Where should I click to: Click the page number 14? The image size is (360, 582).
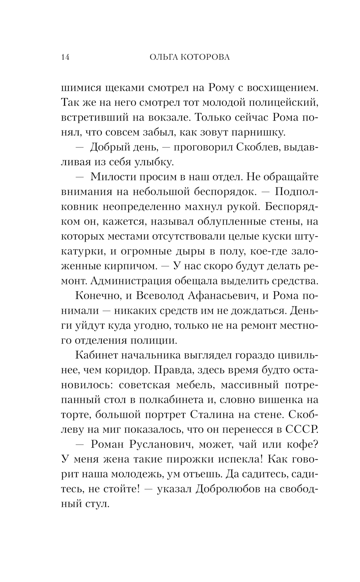click(x=65, y=57)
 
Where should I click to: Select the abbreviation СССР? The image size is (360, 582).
click(x=302, y=429)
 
